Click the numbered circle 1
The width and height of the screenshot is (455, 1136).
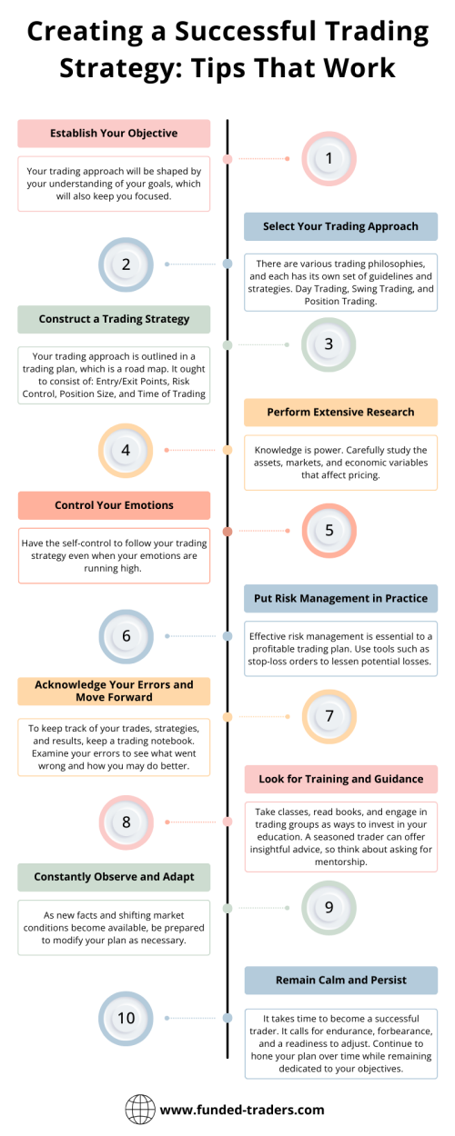click(x=329, y=159)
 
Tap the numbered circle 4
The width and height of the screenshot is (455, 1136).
click(x=126, y=451)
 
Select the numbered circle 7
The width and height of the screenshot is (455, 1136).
click(x=329, y=717)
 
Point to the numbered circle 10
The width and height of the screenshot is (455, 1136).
click(x=126, y=1019)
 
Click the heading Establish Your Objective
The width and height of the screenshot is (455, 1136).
click(x=114, y=134)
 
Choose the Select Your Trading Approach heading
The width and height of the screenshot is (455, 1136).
click(x=340, y=226)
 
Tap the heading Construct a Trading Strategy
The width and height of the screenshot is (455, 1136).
click(x=114, y=319)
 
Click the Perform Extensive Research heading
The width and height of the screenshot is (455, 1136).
click(x=340, y=412)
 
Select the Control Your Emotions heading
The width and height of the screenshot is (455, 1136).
click(x=114, y=505)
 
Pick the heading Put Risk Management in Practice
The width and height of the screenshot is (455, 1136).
click(x=340, y=598)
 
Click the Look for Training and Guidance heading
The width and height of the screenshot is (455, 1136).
click(x=340, y=779)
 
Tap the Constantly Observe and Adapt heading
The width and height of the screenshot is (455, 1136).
click(x=114, y=877)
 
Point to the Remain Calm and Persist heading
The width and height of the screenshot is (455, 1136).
click(x=340, y=980)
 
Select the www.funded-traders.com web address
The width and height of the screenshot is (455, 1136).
click(x=242, y=1110)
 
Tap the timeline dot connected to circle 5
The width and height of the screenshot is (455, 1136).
click(x=227, y=531)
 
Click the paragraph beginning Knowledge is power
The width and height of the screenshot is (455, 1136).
click(x=340, y=463)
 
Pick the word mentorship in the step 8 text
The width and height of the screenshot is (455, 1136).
click(x=340, y=862)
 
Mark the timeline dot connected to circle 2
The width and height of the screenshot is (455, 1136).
click(x=227, y=264)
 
